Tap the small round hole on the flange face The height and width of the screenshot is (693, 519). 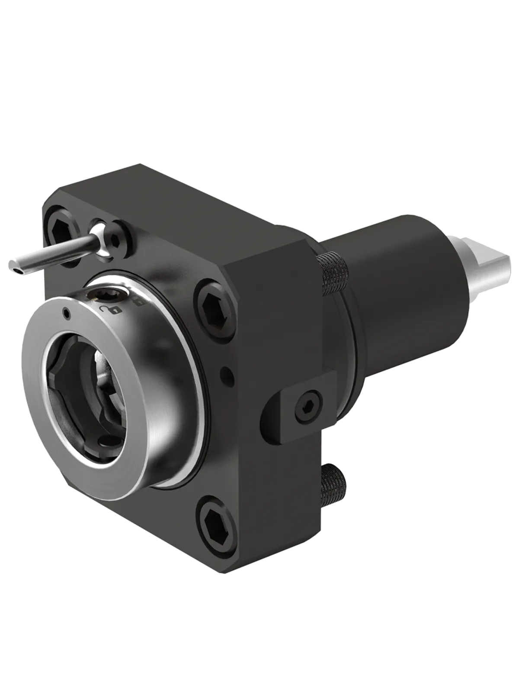[224, 371]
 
